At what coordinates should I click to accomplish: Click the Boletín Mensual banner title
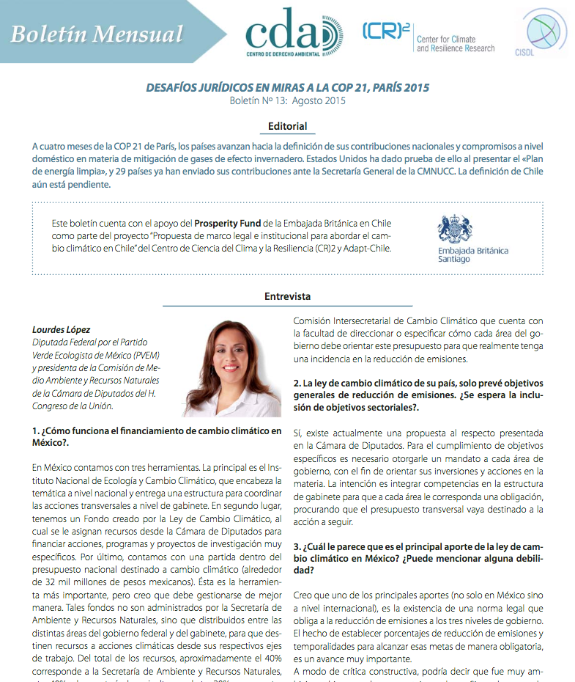(x=97, y=34)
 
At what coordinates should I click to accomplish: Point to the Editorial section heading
(x=287, y=126)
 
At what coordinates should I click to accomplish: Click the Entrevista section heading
(x=287, y=296)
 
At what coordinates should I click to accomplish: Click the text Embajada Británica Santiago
(x=472, y=255)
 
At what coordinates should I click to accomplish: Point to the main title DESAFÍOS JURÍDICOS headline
(x=287, y=88)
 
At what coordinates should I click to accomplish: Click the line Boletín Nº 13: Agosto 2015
(x=287, y=100)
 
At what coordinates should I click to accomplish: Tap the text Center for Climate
(x=446, y=39)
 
